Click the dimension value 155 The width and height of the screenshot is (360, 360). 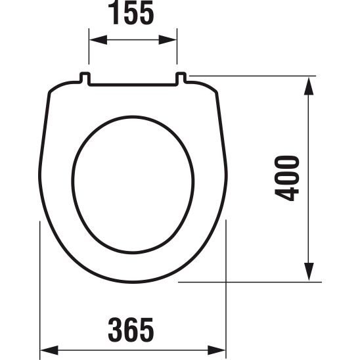(133, 14)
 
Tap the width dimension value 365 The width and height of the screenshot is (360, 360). (133, 328)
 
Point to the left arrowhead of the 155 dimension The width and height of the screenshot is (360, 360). (94, 39)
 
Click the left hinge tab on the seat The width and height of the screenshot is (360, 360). (84, 79)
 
